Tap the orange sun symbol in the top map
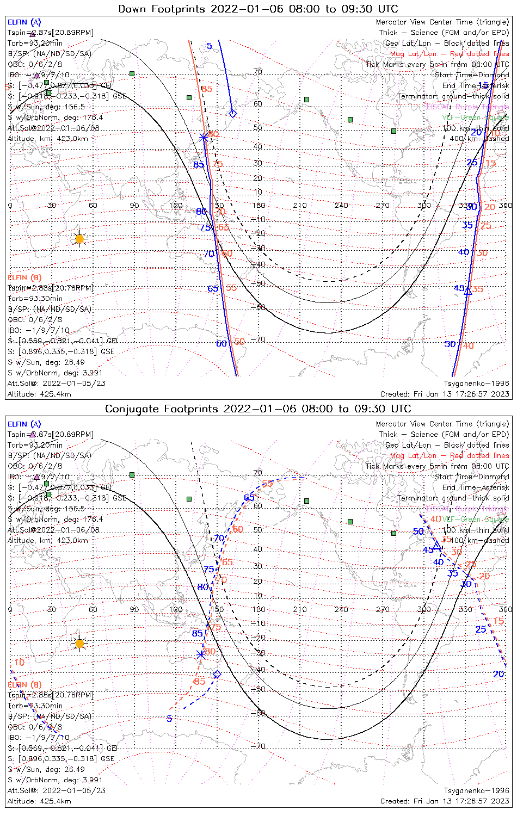click(80, 238)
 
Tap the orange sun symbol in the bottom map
click(80, 644)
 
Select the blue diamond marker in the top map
click(233, 113)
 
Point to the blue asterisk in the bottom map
click(201, 654)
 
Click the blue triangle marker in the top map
click(467, 291)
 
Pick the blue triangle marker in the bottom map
click(436, 545)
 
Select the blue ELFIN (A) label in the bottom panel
click(24, 424)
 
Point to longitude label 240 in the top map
click(341, 206)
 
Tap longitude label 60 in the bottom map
click(93, 609)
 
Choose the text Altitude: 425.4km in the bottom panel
click(39, 801)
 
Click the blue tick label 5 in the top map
click(210, 46)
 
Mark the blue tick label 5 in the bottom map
click(169, 719)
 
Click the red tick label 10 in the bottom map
click(19, 663)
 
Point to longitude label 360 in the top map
click(506, 206)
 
